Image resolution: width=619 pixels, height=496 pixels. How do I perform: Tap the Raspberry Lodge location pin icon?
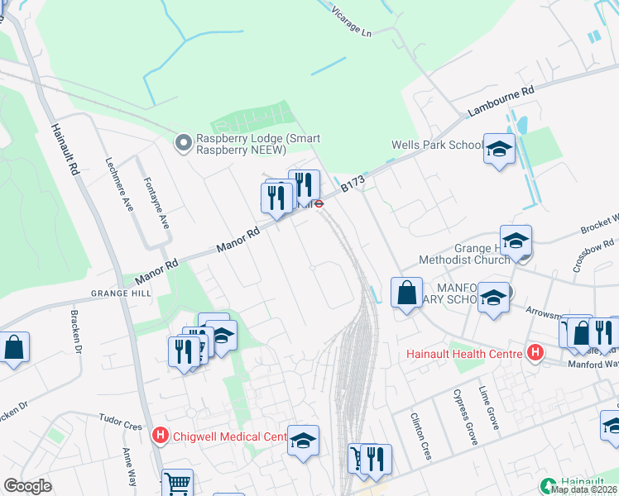point(183,144)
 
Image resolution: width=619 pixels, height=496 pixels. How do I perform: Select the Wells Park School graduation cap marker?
point(499,150)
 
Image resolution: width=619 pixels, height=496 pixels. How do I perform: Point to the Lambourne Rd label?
point(501,103)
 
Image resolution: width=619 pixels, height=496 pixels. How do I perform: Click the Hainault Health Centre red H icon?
point(535,354)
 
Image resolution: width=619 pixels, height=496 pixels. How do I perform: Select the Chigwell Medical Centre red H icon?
point(161,434)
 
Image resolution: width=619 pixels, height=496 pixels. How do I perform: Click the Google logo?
point(27,486)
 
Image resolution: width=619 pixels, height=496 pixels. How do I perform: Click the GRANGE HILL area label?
point(122,293)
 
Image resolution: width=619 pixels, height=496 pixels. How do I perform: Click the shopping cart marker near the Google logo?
point(177,482)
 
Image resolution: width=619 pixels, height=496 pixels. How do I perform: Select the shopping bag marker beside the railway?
point(406,293)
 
